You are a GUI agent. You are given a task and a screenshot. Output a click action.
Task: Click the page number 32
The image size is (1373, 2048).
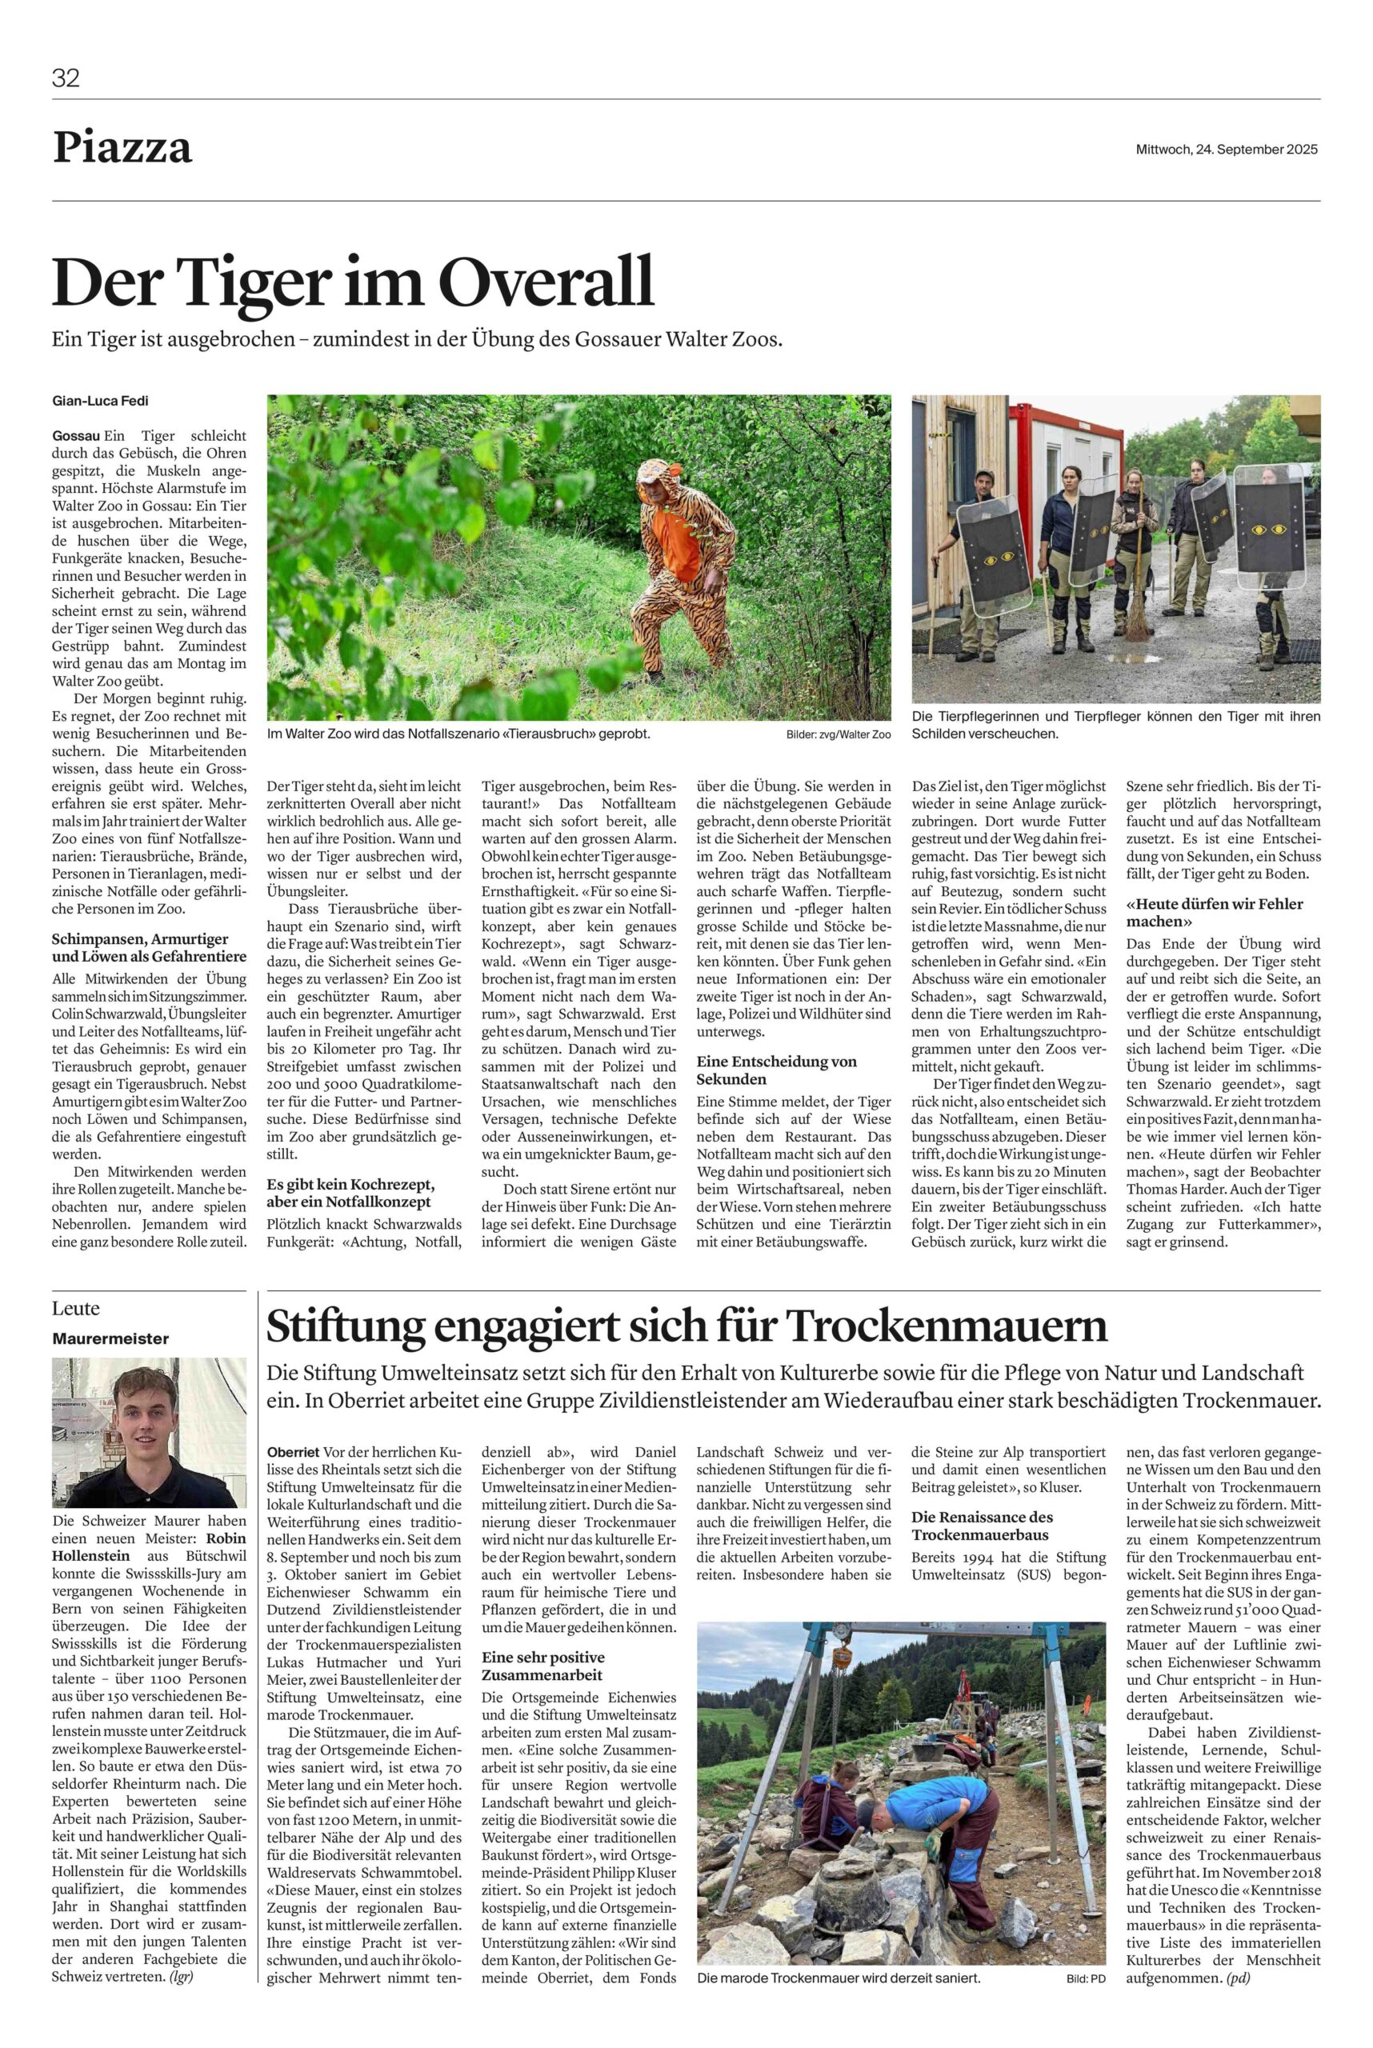pyautogui.click(x=66, y=79)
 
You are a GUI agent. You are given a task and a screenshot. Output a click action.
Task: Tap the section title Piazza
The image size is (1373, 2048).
pyautogui.click(x=122, y=148)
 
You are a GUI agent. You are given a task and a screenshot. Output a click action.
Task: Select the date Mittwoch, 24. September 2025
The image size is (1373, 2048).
pyautogui.click(x=1226, y=150)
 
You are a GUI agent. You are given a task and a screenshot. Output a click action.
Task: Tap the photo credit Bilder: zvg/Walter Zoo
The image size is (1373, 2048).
pyautogui.click(x=837, y=734)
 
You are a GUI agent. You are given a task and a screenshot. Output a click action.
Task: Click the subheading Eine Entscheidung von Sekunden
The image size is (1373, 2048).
pyautogui.click(x=776, y=1070)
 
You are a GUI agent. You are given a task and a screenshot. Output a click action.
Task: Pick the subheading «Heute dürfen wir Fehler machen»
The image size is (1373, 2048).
pyautogui.click(x=1214, y=912)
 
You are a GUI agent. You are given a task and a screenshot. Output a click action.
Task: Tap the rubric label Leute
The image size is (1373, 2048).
pyautogui.click(x=76, y=1309)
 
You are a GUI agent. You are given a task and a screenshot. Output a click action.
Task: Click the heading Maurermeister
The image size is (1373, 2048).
pyautogui.click(x=110, y=1338)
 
